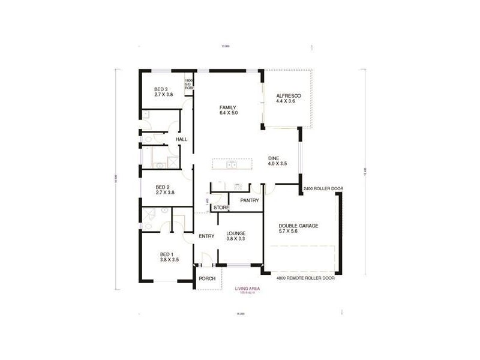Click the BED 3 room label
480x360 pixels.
click(160, 89)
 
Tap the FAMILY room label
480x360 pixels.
click(227, 107)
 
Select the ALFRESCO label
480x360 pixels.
click(288, 96)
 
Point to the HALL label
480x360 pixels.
click(181, 139)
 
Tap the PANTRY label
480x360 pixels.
click(248, 200)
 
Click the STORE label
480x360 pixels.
click(221, 208)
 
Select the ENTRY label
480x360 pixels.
click(206, 236)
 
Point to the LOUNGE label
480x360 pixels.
click(236, 233)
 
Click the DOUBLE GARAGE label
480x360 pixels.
click(298, 226)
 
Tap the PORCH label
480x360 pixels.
click(207, 278)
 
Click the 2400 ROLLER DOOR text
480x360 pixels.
click(323, 188)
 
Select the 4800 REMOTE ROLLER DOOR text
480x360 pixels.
click(304, 279)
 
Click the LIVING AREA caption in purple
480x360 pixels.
click(248, 288)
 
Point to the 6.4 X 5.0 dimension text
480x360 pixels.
click(228, 113)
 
